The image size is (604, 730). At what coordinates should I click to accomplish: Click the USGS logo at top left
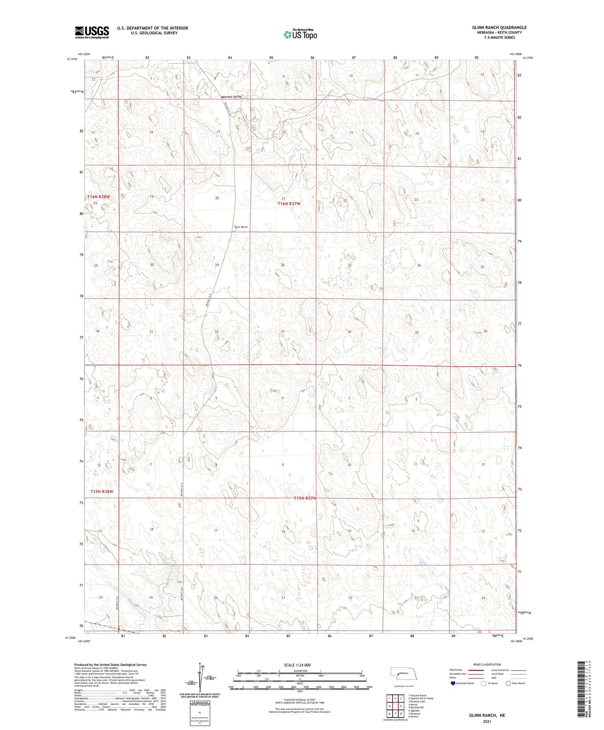point(92,32)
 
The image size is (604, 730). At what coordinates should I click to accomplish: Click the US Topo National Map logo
point(300,34)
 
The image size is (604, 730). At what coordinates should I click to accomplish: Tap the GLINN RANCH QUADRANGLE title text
point(499,28)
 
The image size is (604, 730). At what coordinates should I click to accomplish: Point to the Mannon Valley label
point(232,97)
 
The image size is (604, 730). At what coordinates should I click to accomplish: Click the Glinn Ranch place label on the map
point(241,227)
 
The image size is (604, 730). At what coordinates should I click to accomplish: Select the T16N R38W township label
point(99,197)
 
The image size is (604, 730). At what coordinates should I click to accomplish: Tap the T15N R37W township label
point(305,498)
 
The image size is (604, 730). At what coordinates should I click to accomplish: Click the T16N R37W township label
point(289,204)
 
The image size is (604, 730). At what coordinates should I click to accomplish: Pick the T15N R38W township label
point(102,492)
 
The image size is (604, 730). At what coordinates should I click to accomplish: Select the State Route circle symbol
point(508,683)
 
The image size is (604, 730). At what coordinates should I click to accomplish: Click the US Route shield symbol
point(484,683)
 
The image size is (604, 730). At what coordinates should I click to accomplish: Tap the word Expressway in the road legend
point(456,670)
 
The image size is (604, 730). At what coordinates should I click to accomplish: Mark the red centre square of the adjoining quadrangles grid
point(395,706)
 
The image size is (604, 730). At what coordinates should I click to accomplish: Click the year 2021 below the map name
point(487,722)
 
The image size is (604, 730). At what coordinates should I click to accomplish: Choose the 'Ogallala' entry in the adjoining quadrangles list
point(415,710)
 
